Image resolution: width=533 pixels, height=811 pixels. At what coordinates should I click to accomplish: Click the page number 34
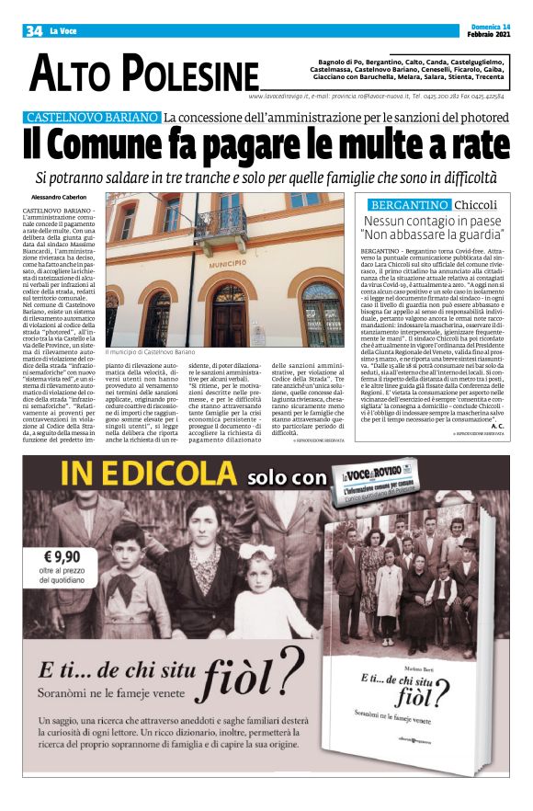coord(33,30)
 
